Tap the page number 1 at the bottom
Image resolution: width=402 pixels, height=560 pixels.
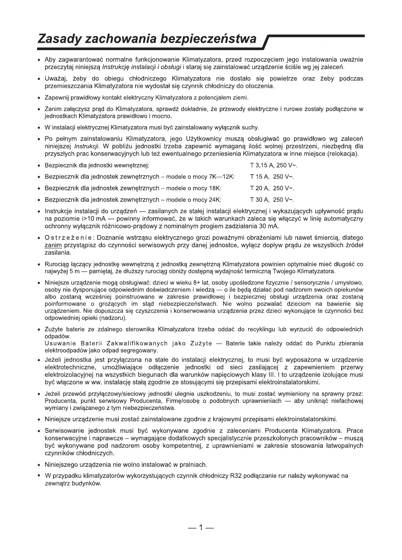(x=201, y=528)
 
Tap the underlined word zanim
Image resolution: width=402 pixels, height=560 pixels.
(x=51, y=245)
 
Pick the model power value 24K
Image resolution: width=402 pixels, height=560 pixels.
(x=213, y=200)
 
